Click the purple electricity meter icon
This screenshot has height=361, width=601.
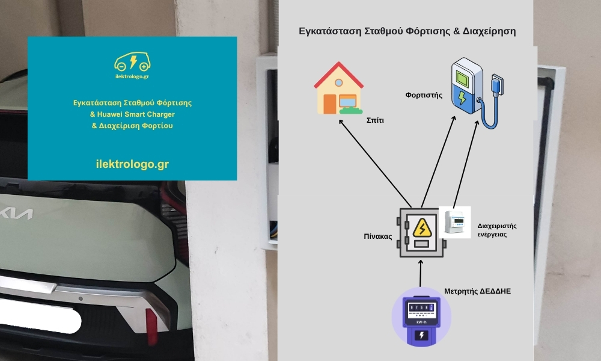click(x=421, y=319)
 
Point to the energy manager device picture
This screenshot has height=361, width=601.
click(x=455, y=223)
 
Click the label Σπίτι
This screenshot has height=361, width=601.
click(x=375, y=120)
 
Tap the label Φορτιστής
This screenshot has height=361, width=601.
click(x=424, y=95)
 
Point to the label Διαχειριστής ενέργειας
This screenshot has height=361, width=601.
click(x=497, y=230)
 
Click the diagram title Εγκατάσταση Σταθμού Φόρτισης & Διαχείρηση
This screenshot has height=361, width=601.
click(x=407, y=31)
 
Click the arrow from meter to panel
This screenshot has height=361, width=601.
click(x=421, y=274)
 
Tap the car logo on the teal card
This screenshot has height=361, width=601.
click(x=132, y=62)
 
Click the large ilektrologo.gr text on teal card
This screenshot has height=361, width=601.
click(x=132, y=164)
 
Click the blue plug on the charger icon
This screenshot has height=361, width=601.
click(x=495, y=85)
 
